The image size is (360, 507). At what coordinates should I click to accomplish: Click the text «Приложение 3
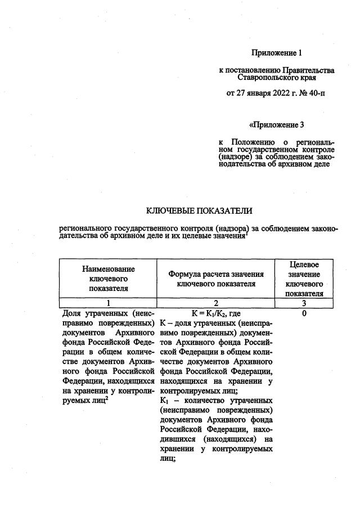(276, 125)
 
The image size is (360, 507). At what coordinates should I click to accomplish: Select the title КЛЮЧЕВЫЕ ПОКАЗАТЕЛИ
(199, 211)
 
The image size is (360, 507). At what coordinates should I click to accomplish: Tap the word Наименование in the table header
(109, 270)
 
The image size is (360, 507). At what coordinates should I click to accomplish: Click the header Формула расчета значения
(216, 274)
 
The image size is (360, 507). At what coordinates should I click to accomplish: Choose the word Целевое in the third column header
(304, 264)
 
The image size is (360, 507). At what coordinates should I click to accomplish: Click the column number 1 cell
(108, 302)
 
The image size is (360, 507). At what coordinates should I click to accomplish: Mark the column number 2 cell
(216, 302)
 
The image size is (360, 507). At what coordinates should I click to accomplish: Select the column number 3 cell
(304, 302)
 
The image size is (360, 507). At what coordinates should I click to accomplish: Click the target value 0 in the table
(304, 313)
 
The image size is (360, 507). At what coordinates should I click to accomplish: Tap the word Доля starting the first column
(71, 313)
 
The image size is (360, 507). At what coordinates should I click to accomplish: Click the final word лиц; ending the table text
(168, 459)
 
